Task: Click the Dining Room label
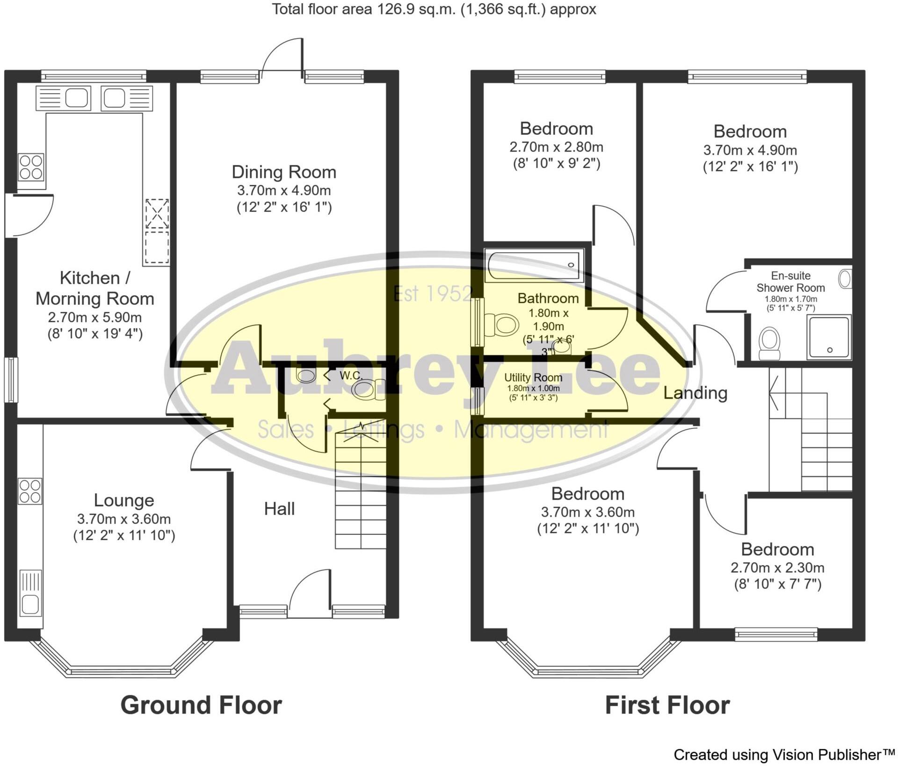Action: [284, 172]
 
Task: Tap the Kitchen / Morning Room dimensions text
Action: [95, 326]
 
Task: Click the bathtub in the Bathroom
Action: [534, 266]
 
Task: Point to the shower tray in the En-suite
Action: [828, 337]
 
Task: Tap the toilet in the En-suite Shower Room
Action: [769, 343]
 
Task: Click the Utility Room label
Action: [533, 377]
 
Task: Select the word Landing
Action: [695, 393]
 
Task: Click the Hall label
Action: [279, 509]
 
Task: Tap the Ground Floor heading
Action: [201, 705]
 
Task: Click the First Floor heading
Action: [667, 705]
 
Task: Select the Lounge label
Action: [124, 500]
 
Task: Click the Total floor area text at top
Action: [434, 9]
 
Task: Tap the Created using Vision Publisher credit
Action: [784, 754]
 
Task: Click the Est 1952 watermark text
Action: [433, 294]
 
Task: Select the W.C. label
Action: [351, 375]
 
